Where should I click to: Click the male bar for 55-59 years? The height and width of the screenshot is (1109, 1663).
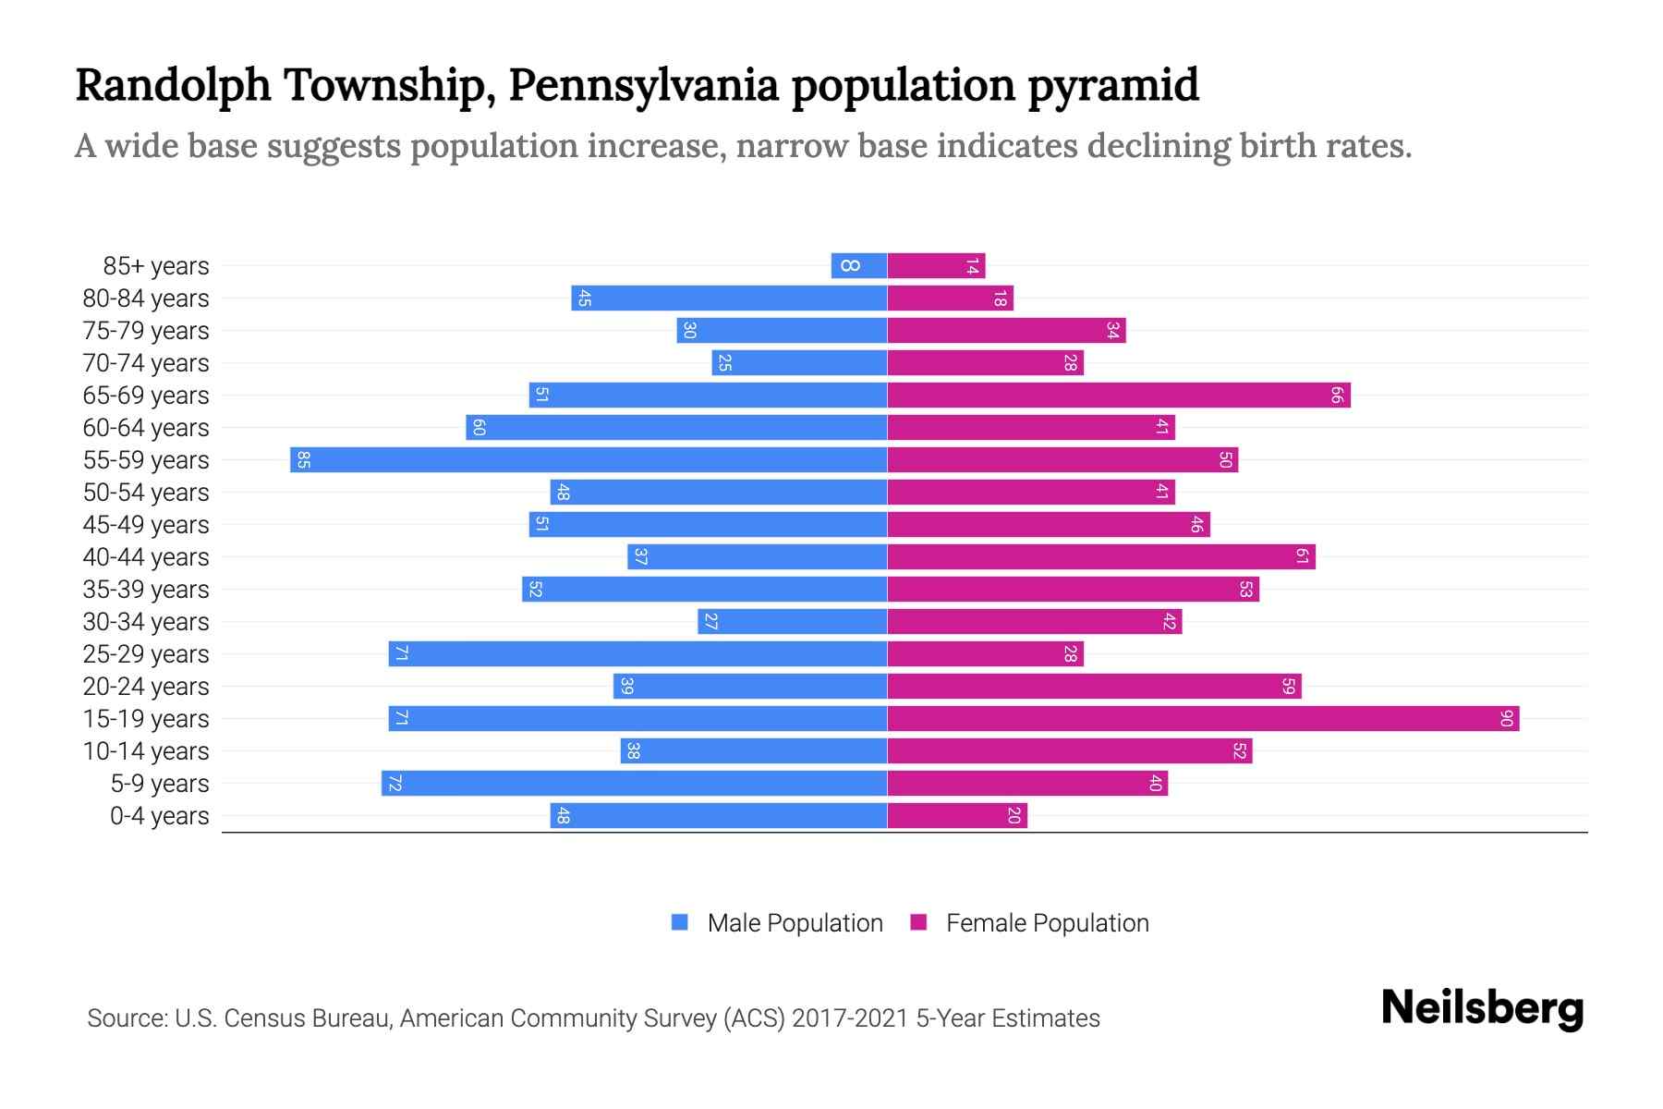(589, 459)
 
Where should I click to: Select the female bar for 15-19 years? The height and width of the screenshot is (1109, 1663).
(1203, 718)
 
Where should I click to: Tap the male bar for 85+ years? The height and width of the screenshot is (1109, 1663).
(859, 265)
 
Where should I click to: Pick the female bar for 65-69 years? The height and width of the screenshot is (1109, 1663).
(1119, 395)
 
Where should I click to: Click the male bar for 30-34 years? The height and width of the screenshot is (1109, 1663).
(793, 621)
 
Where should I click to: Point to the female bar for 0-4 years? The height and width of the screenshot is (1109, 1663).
(957, 815)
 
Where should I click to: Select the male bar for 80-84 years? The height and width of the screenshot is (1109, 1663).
(729, 298)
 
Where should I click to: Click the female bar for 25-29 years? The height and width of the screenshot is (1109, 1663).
(985, 653)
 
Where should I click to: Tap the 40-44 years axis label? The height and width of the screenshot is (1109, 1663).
(146, 557)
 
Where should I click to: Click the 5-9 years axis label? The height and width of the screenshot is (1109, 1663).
(160, 784)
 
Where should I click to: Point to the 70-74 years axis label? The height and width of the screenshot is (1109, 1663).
(146, 363)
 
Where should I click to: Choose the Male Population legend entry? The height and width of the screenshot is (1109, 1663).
(777, 922)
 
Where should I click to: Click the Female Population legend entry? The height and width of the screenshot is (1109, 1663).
(1030, 922)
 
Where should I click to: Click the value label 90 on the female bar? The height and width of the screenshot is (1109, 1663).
(1506, 718)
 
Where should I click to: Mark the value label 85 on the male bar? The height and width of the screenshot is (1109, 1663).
(303, 459)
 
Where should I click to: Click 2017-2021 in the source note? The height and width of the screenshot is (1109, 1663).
(849, 1018)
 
